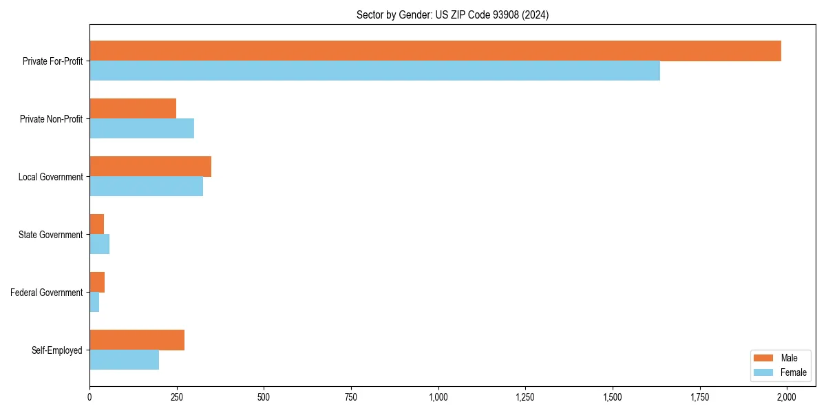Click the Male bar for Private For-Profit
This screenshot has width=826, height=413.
435,51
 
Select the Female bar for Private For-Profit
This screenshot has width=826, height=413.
374,71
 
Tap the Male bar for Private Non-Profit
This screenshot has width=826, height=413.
133,109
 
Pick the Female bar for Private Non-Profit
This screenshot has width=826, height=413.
142,129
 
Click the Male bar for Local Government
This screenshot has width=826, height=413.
150,167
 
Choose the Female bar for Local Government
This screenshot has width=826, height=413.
146,187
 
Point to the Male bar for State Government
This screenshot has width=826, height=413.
96,224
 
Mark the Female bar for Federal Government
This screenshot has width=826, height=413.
94,302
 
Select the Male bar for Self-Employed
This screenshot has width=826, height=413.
137,340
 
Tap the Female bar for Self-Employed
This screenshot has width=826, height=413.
124,360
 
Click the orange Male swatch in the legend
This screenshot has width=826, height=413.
764,358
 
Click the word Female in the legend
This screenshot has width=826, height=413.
793,372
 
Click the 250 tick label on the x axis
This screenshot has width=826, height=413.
176,397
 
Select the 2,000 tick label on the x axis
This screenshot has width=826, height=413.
787,397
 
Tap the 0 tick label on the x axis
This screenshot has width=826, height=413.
89,397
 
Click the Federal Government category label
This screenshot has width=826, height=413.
47,293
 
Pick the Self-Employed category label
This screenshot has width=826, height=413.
57,350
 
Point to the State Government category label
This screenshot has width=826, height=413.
51,235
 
